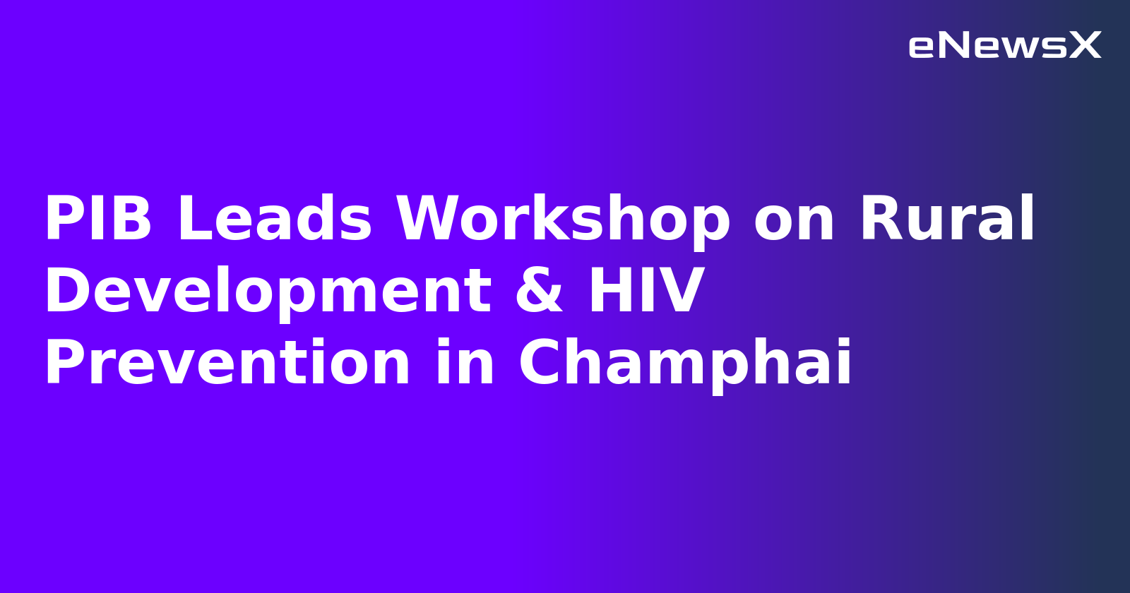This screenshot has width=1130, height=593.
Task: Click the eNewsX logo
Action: [x=1004, y=46]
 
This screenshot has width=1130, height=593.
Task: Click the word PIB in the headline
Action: [x=98, y=220]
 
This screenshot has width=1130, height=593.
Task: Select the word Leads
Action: [x=274, y=220]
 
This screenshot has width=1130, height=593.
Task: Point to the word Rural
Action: [x=946, y=220]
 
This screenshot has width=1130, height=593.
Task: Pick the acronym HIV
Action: [x=646, y=292]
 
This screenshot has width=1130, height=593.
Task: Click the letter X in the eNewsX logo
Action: [x=1084, y=46]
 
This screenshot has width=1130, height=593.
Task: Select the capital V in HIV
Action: [x=682, y=292]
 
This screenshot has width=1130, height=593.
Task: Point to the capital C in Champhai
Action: [x=542, y=364]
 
